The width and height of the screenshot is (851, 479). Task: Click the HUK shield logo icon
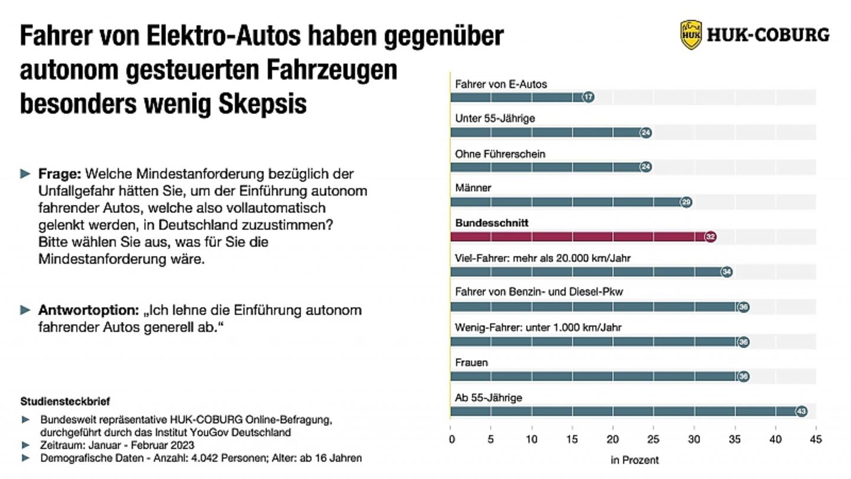691,35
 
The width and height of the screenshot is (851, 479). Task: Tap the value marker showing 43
801,411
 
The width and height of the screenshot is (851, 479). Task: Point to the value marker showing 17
588,98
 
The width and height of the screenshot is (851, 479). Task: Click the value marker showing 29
686,202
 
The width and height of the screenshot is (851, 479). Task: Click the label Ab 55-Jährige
488,397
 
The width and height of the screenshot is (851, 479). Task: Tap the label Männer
473,188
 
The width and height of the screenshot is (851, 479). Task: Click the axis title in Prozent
634,459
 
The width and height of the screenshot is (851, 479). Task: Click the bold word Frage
60,174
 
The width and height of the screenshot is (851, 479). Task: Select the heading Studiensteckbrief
65,401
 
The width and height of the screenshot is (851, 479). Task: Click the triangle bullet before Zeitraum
25,445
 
